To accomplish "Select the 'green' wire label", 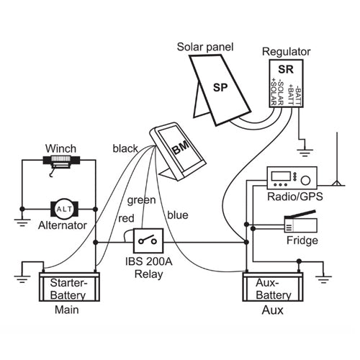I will (x=140, y=199).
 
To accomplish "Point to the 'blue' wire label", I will (x=178, y=213).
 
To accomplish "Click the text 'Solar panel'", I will (x=205, y=47).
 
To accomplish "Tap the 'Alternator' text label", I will (x=62, y=225).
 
